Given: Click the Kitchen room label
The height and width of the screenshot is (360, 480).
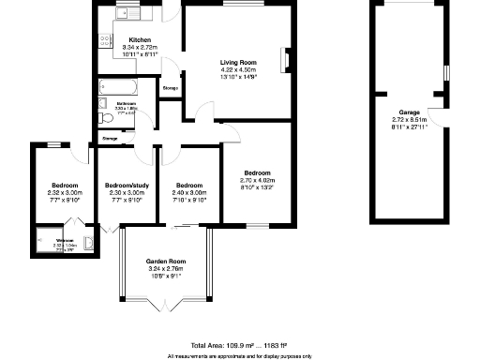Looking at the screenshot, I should pyautogui.click(x=140, y=40).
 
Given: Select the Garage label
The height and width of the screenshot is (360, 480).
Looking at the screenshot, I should pyautogui.click(x=409, y=112).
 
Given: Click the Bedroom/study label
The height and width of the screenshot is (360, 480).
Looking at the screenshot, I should pyautogui.click(x=127, y=186).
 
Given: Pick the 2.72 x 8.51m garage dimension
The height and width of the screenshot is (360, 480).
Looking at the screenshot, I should pyautogui.click(x=409, y=120).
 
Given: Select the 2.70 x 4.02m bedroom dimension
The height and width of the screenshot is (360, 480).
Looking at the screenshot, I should pyautogui.click(x=258, y=181).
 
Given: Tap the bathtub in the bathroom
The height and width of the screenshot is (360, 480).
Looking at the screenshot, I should pyautogui.click(x=120, y=87).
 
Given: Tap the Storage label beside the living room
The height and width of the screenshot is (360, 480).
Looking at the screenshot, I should pyautogui.click(x=171, y=88).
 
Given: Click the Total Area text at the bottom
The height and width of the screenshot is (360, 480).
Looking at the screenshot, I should pyautogui.click(x=239, y=345).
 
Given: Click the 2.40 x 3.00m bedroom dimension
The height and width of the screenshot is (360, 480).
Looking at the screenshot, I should pyautogui.click(x=190, y=193).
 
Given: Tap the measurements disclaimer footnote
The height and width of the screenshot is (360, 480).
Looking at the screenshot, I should pyautogui.click(x=239, y=355).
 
